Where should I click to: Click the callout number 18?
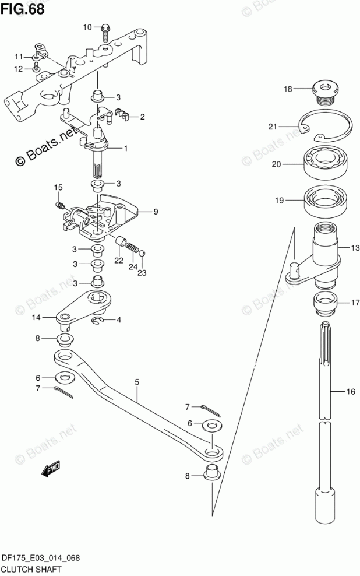click(x=287, y=89)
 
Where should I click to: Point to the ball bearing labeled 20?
click(x=325, y=163)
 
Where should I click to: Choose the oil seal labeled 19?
click(x=325, y=200)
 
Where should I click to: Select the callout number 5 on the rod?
click(x=137, y=382)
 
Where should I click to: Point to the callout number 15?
click(x=58, y=187)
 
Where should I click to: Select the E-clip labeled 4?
click(x=97, y=320)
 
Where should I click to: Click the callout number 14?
click(x=36, y=318)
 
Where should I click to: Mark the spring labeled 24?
click(x=133, y=251)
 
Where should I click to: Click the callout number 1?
click(x=125, y=149)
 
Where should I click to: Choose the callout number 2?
click(x=142, y=117)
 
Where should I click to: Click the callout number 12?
click(x=18, y=69)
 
